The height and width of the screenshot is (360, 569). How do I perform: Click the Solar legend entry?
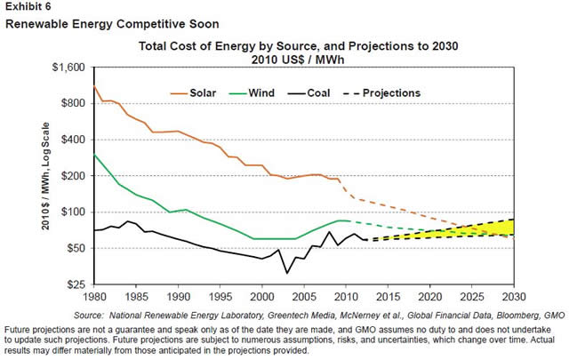click(x=206, y=92)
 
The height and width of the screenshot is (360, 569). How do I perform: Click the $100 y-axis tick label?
click(x=77, y=212)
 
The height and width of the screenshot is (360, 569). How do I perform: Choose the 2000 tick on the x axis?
click(x=262, y=297)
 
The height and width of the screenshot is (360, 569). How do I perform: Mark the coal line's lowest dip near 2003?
click(x=287, y=272)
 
